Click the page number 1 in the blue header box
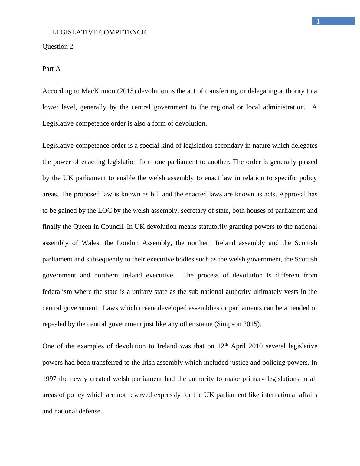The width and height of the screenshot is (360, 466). [x=318, y=21]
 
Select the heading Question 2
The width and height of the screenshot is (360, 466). [x=57, y=47]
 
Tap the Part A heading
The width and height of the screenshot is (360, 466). [x=51, y=69]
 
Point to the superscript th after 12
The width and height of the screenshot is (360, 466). [x=226, y=344]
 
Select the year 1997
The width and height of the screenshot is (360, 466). [x=49, y=379]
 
